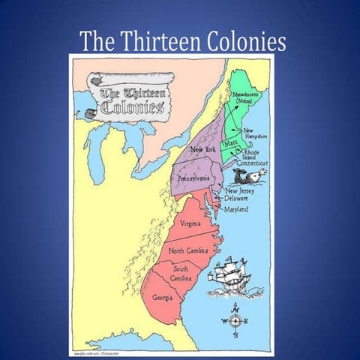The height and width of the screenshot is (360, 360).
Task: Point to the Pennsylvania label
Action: click(x=193, y=178)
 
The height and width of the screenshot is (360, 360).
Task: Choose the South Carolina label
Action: click(x=181, y=273)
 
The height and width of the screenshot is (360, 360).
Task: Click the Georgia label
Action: click(x=163, y=297)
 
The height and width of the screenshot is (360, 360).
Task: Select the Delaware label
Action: click(x=241, y=198)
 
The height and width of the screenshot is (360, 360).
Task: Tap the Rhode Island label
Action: click(x=257, y=152)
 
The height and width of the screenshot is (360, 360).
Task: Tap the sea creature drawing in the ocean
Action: click(x=250, y=176)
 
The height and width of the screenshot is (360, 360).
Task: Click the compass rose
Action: click(x=234, y=320)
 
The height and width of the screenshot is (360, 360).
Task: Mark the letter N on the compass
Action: click(x=234, y=307)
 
